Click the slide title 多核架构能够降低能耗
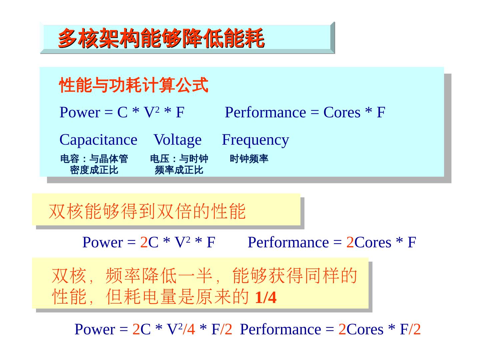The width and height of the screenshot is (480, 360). [x=161, y=39]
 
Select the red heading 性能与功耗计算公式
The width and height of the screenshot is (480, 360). [x=134, y=85]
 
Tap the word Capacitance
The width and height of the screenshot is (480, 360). [x=98, y=140]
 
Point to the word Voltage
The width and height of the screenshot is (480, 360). [x=178, y=140]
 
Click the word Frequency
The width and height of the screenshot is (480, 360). [x=255, y=140]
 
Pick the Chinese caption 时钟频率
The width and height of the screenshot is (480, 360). [x=249, y=159]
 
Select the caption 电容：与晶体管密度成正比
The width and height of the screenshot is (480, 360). [x=94, y=164]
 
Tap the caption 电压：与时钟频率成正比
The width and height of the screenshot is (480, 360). [x=179, y=164]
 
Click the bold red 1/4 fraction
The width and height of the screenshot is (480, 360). [x=266, y=298]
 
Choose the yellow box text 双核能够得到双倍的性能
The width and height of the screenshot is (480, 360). [x=147, y=211]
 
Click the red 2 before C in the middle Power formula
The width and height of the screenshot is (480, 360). [x=144, y=242]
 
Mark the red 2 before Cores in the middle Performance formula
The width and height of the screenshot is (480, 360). [x=350, y=242]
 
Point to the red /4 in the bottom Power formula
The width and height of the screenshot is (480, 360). [x=189, y=329]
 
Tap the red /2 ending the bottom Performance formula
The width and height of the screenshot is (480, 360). [x=415, y=329]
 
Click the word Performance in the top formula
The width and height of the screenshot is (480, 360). [x=265, y=112]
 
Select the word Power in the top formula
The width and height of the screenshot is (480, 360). [x=80, y=112]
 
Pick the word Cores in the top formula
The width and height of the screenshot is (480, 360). [x=342, y=112]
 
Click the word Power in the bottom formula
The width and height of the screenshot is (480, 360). [x=95, y=329]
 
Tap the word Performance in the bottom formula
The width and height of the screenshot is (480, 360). [x=280, y=329]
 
